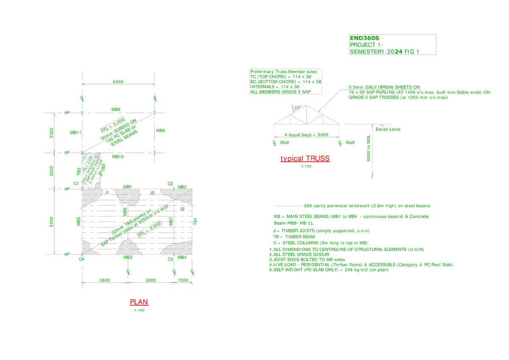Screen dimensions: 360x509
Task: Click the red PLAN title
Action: [x=139, y=302]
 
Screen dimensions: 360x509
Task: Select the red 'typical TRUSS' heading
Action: [x=305, y=159]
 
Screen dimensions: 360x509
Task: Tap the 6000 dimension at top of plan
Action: [x=118, y=82]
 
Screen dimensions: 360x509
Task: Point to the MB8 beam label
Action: [x=116, y=110]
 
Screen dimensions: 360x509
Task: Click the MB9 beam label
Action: [x=160, y=130]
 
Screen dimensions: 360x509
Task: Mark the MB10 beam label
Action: [x=117, y=157]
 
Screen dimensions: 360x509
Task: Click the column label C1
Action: [x=76, y=183]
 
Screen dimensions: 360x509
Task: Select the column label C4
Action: [x=81, y=259]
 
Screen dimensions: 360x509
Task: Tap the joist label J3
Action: [x=182, y=209]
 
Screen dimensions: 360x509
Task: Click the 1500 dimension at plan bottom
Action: [x=183, y=280]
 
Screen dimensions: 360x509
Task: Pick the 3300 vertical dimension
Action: [x=51, y=132]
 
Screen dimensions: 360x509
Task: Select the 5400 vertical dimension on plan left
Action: [x=51, y=221]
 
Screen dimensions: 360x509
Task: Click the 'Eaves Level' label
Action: [x=388, y=129]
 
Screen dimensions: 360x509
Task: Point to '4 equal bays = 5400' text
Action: [x=306, y=135]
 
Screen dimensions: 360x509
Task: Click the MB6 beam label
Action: [x=125, y=211]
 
